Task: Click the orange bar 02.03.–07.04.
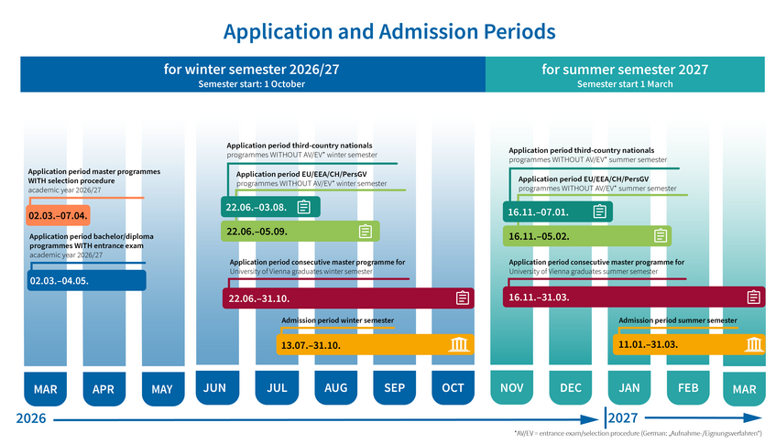tap(58, 215)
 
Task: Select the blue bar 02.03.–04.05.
tap(87, 280)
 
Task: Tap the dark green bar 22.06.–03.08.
tap(270, 207)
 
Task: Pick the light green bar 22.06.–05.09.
tap(301, 231)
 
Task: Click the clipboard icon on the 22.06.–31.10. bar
tap(463, 298)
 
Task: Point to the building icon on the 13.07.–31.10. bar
tap(458, 344)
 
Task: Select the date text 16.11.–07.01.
tap(538, 212)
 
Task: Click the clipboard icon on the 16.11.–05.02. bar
tap(661, 236)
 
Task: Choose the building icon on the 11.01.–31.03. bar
tap(754, 344)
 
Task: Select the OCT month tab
tap(453, 387)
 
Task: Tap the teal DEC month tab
tap(571, 387)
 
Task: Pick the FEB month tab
tap(688, 387)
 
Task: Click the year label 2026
tap(30, 418)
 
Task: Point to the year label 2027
tap(623, 418)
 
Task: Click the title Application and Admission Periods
tap(389, 31)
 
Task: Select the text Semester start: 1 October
tap(251, 84)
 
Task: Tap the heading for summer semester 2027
tap(625, 70)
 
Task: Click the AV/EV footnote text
tap(638, 434)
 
